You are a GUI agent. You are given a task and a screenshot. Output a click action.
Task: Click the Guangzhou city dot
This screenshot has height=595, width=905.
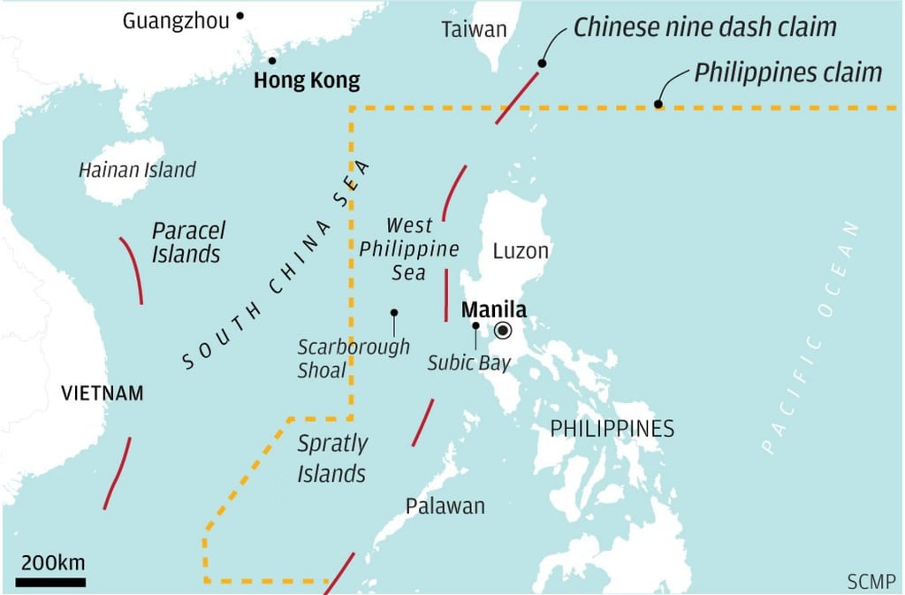(240, 16)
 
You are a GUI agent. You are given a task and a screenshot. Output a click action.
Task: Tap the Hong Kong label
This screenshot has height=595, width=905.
(307, 81)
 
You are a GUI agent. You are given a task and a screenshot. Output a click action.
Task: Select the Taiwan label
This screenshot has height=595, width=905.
(474, 29)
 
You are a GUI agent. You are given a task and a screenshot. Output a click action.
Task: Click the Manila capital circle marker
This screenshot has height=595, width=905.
(503, 331)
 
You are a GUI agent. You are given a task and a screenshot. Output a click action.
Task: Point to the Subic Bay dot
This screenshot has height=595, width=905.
(475, 325)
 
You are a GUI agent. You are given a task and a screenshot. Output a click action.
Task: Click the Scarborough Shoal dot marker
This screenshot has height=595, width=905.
(394, 312)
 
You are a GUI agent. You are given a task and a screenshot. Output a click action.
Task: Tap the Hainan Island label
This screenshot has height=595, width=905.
(137, 170)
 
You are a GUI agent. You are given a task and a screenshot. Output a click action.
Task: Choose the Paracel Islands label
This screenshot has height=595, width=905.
(186, 243)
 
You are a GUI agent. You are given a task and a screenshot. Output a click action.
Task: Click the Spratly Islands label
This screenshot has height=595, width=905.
(331, 458)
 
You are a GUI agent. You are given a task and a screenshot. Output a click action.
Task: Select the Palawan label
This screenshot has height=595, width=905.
(445, 506)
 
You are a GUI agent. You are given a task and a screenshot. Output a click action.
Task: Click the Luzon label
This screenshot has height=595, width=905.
(521, 251)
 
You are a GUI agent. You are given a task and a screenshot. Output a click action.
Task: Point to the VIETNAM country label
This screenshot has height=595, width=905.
(102, 393)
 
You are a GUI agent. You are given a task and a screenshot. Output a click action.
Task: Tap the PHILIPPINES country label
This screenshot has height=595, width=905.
(612, 429)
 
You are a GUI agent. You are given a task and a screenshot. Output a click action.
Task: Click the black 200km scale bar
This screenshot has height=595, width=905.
(50, 582)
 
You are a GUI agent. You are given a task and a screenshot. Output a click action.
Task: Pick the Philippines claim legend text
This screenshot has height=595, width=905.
(787, 72)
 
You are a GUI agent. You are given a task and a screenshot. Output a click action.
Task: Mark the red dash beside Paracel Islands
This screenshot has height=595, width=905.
(132, 269)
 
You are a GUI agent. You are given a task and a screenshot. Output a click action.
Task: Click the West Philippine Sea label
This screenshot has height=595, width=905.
(408, 248)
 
